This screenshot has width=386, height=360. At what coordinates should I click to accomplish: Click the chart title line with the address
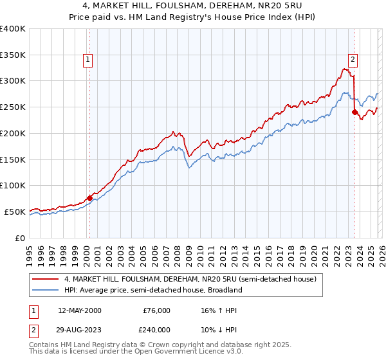(x=192, y=6)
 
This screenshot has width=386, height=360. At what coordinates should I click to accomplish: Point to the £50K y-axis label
(x=15, y=212)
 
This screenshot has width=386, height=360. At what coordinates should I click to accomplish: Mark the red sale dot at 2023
(x=354, y=112)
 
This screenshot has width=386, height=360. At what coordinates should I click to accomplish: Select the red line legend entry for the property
(x=190, y=280)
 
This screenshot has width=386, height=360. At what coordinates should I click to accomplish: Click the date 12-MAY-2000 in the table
(x=79, y=310)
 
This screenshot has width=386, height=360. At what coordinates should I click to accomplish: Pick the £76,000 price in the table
(x=156, y=310)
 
